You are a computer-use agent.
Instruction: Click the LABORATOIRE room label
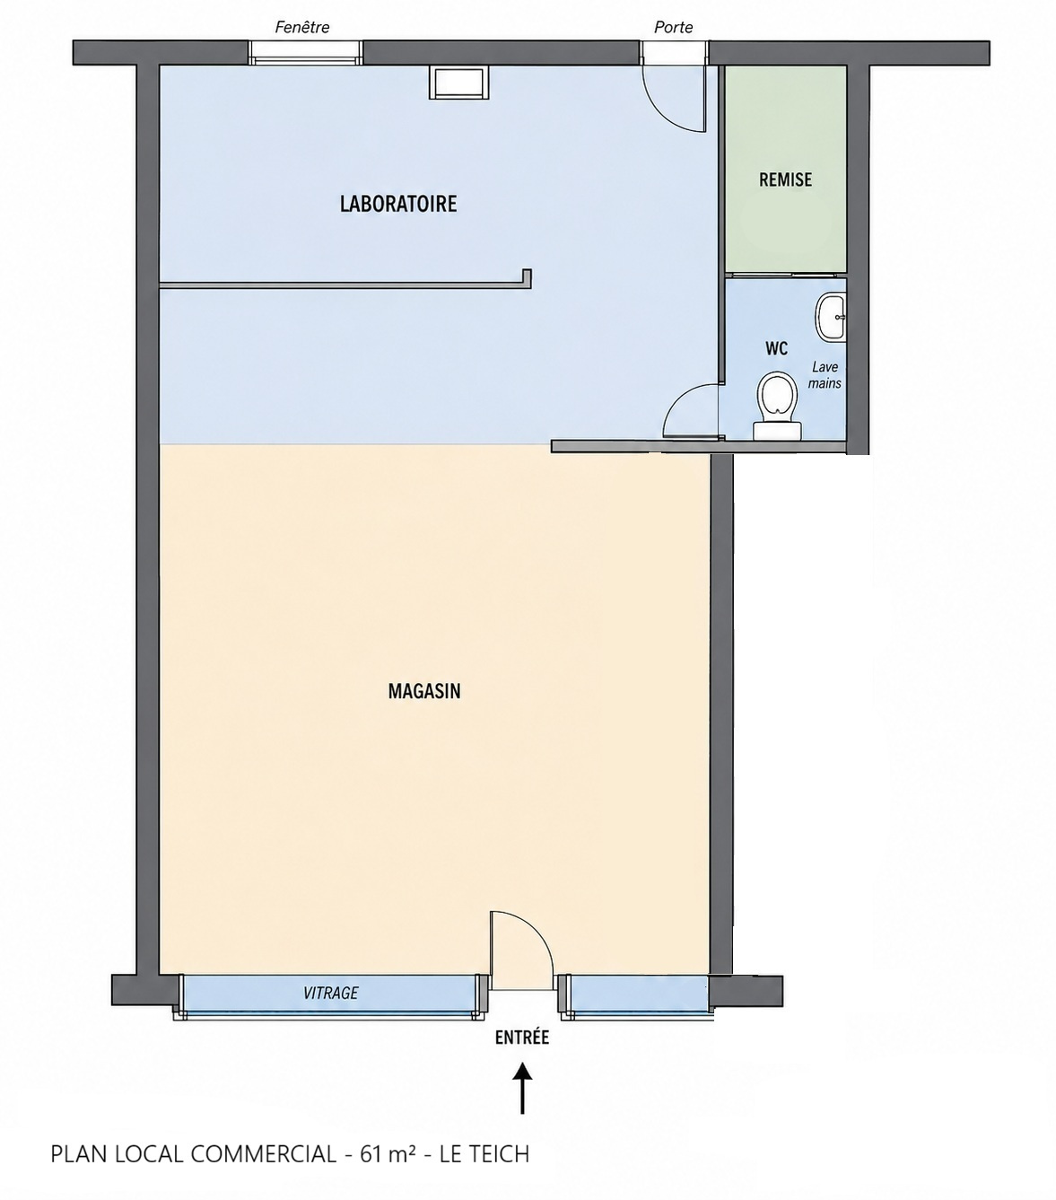coord(398,204)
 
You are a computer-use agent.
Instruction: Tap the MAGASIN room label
coord(424,691)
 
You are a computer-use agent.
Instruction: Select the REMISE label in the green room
coord(785,180)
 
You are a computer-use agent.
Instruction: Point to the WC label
coord(776,349)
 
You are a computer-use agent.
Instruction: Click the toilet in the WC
coord(776,406)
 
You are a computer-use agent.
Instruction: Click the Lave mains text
coord(825,375)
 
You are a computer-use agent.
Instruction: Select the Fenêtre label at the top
coord(302,27)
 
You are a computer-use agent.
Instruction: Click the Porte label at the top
coord(674,27)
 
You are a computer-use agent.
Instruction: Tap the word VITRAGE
coord(330,994)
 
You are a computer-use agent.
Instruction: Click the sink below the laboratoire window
coord(459,83)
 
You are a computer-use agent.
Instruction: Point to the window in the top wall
coord(304,53)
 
